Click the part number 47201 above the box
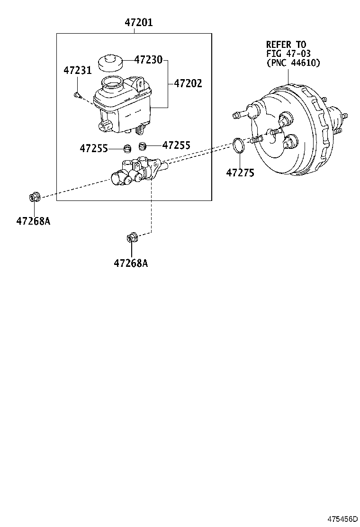tap(139, 22)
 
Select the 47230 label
tap(148, 60)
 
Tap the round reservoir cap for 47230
tap(109, 64)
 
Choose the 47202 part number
tap(188, 83)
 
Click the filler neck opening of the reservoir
tap(112, 86)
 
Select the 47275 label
tap(240, 173)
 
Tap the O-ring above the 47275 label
tap(239, 145)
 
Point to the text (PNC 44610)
tap(293, 63)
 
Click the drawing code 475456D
tap(341, 518)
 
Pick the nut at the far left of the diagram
tap(34, 196)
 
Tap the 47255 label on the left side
tap(94, 148)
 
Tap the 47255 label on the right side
tap(176, 145)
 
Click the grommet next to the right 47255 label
tap(142, 146)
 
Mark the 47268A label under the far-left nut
tap(33, 220)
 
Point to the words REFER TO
tap(286, 45)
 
